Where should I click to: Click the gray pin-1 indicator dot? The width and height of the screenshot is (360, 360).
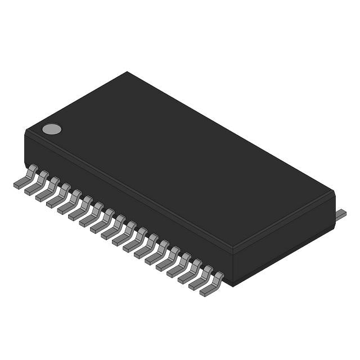click(52, 129)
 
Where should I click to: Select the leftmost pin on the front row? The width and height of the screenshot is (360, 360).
click(26, 177)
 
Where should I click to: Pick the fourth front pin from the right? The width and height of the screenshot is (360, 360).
click(179, 267)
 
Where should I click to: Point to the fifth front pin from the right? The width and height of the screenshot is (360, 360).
click(168, 260)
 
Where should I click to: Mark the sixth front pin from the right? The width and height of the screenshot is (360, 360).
click(157, 254)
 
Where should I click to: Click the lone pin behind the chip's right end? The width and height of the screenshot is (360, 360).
click(341, 214)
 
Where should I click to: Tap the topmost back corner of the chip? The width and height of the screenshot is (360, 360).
click(127, 72)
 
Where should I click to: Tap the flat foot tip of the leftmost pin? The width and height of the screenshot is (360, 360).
click(18, 184)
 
